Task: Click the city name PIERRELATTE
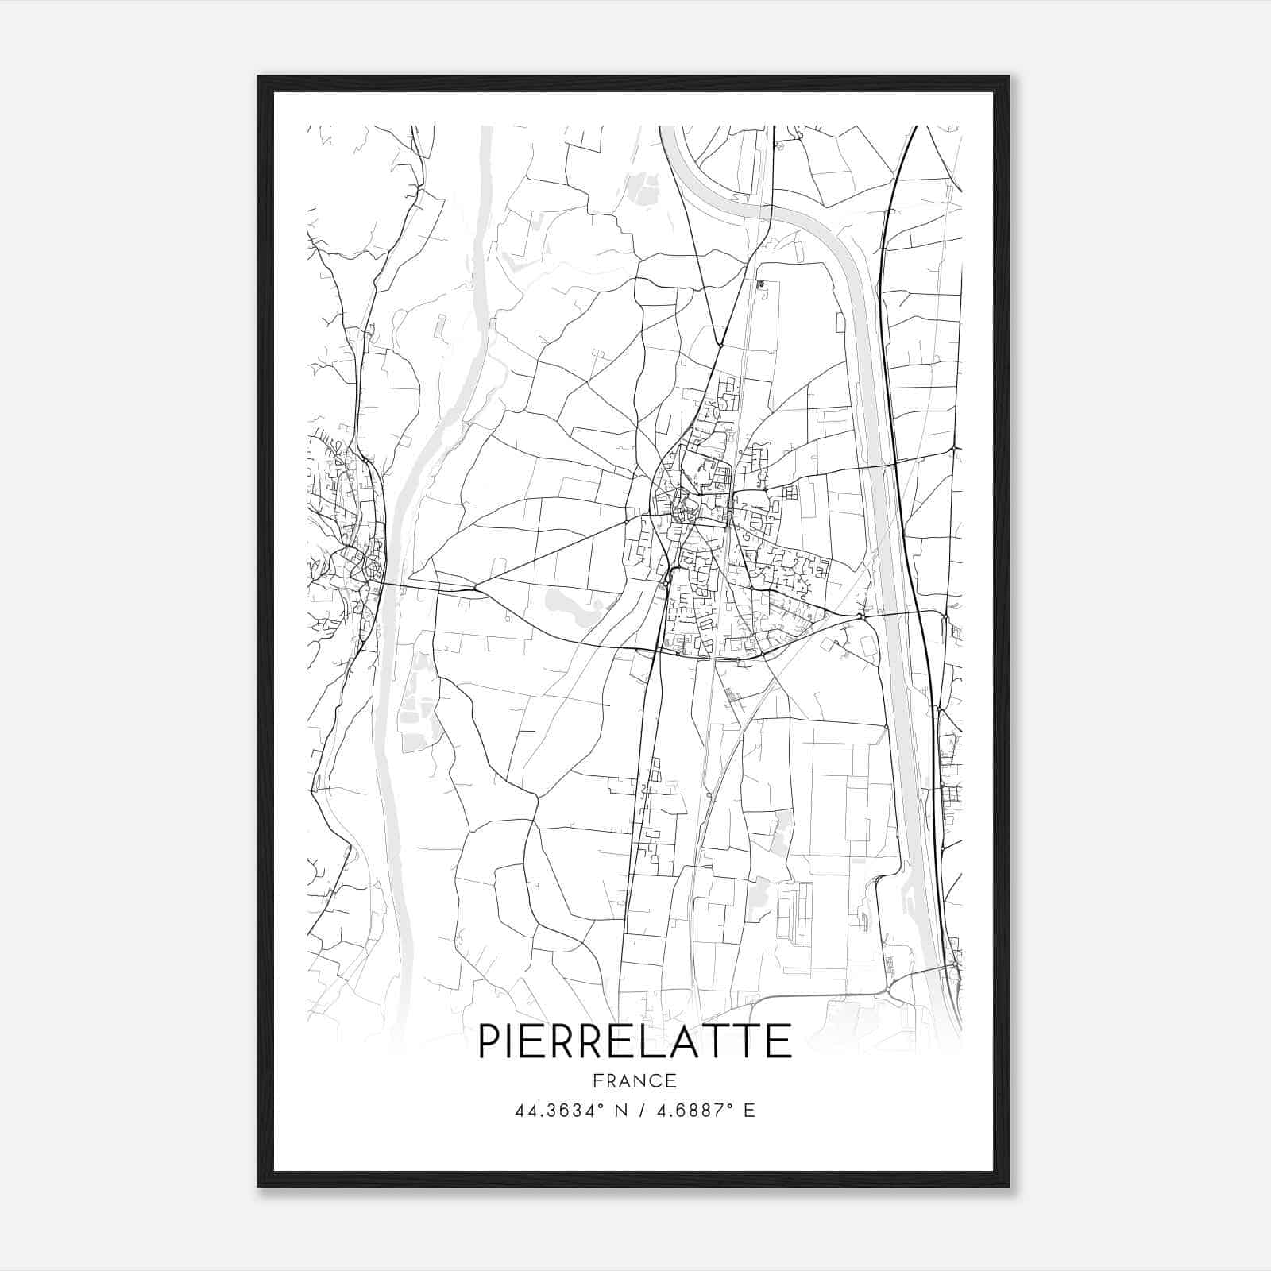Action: click(634, 1041)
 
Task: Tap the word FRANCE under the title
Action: click(634, 1080)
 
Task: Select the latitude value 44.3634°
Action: click(562, 1111)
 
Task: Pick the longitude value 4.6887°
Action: click(690, 1111)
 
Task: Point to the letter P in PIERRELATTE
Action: click(490, 1041)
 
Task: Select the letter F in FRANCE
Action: click(596, 1080)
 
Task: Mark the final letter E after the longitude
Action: click(749, 1111)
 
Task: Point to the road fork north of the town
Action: click(719, 346)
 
